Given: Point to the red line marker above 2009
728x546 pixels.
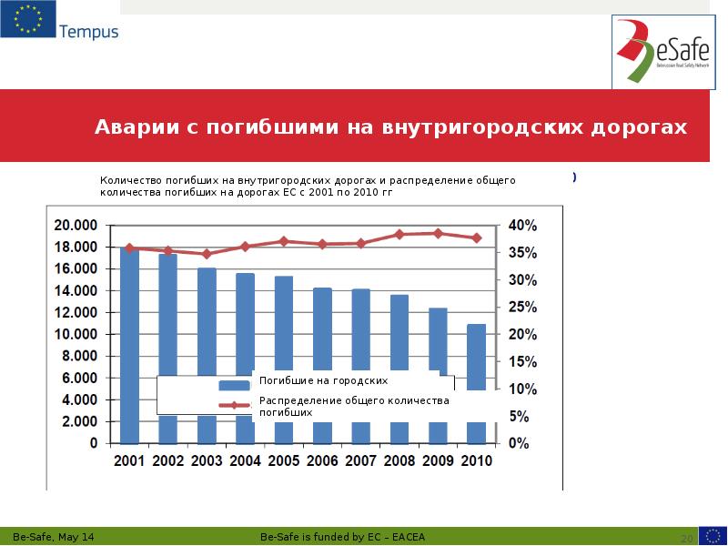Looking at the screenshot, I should coord(438,233).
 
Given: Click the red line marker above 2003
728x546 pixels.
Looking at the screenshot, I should coord(207,254).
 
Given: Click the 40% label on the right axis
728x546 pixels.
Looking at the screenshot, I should coord(523,226).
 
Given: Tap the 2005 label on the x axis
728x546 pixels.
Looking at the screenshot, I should coord(284,460).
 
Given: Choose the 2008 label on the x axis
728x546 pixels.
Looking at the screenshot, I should coord(399,460).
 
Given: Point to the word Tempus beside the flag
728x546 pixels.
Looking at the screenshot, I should coord(88,32).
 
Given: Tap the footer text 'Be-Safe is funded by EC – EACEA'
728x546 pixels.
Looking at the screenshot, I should coord(336,538).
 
